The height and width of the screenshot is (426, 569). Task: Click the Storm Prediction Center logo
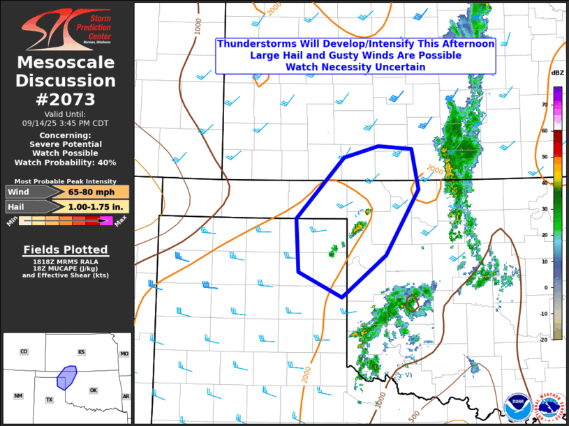[x=66, y=28]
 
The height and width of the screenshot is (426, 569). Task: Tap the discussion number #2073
[x=67, y=98]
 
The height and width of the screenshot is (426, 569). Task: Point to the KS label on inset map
[x=82, y=352]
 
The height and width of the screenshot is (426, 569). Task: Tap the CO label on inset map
[x=24, y=352]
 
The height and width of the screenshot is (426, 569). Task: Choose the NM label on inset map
[x=18, y=395]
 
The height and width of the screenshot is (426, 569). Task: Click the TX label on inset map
[x=50, y=400]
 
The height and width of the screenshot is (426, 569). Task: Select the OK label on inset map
[x=94, y=390]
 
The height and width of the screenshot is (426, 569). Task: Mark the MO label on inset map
[x=124, y=354]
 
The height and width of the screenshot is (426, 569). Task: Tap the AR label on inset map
[x=126, y=396]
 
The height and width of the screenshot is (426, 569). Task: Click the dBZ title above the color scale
[x=557, y=73]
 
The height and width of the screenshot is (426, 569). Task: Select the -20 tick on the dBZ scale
[x=543, y=340]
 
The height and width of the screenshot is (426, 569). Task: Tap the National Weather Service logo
[x=549, y=409]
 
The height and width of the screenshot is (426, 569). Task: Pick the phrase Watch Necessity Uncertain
[x=355, y=67]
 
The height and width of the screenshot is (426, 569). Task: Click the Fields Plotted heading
[x=66, y=250]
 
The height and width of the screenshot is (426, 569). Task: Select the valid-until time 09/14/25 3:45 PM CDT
[x=66, y=122]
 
